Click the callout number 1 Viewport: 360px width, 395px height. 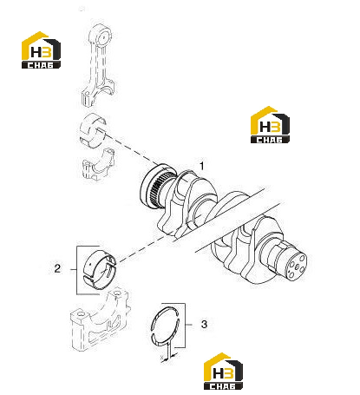(202, 166)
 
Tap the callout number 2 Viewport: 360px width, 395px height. (57, 268)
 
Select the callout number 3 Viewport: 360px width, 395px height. (204, 324)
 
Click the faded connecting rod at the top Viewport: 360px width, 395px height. (98, 65)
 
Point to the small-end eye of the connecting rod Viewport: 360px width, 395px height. (102, 36)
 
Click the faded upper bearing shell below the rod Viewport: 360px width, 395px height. (93, 130)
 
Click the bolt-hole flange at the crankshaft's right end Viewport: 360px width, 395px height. (296, 267)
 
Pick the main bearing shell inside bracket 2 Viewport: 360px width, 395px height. (100, 267)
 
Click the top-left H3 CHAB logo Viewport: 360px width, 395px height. (41, 49)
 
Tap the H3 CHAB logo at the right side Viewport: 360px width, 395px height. (270, 124)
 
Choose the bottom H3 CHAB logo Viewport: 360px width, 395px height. (223, 371)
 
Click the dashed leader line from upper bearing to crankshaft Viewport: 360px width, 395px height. (133, 148)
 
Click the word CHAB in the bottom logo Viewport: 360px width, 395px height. (223, 386)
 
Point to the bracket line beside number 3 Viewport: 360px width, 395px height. (185, 325)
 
